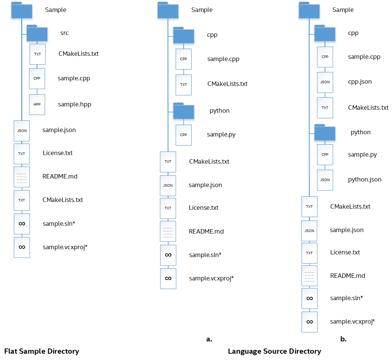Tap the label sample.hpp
tap(74, 105)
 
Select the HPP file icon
tap(37, 105)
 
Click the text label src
tap(64, 33)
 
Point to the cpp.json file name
tap(360, 82)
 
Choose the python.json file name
tap(364, 180)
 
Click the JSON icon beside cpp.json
tap(325, 82)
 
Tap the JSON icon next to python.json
tap(325, 180)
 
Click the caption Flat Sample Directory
tap(42, 351)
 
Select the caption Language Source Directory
tap(274, 351)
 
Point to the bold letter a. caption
tap(209, 339)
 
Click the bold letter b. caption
tap(343, 339)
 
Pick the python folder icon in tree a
tap(184, 111)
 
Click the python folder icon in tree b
tap(325, 132)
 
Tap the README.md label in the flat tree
tap(60, 176)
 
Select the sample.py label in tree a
tap(221, 135)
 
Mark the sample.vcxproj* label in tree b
tap(352, 322)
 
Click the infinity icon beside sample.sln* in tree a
tap(168, 255)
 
